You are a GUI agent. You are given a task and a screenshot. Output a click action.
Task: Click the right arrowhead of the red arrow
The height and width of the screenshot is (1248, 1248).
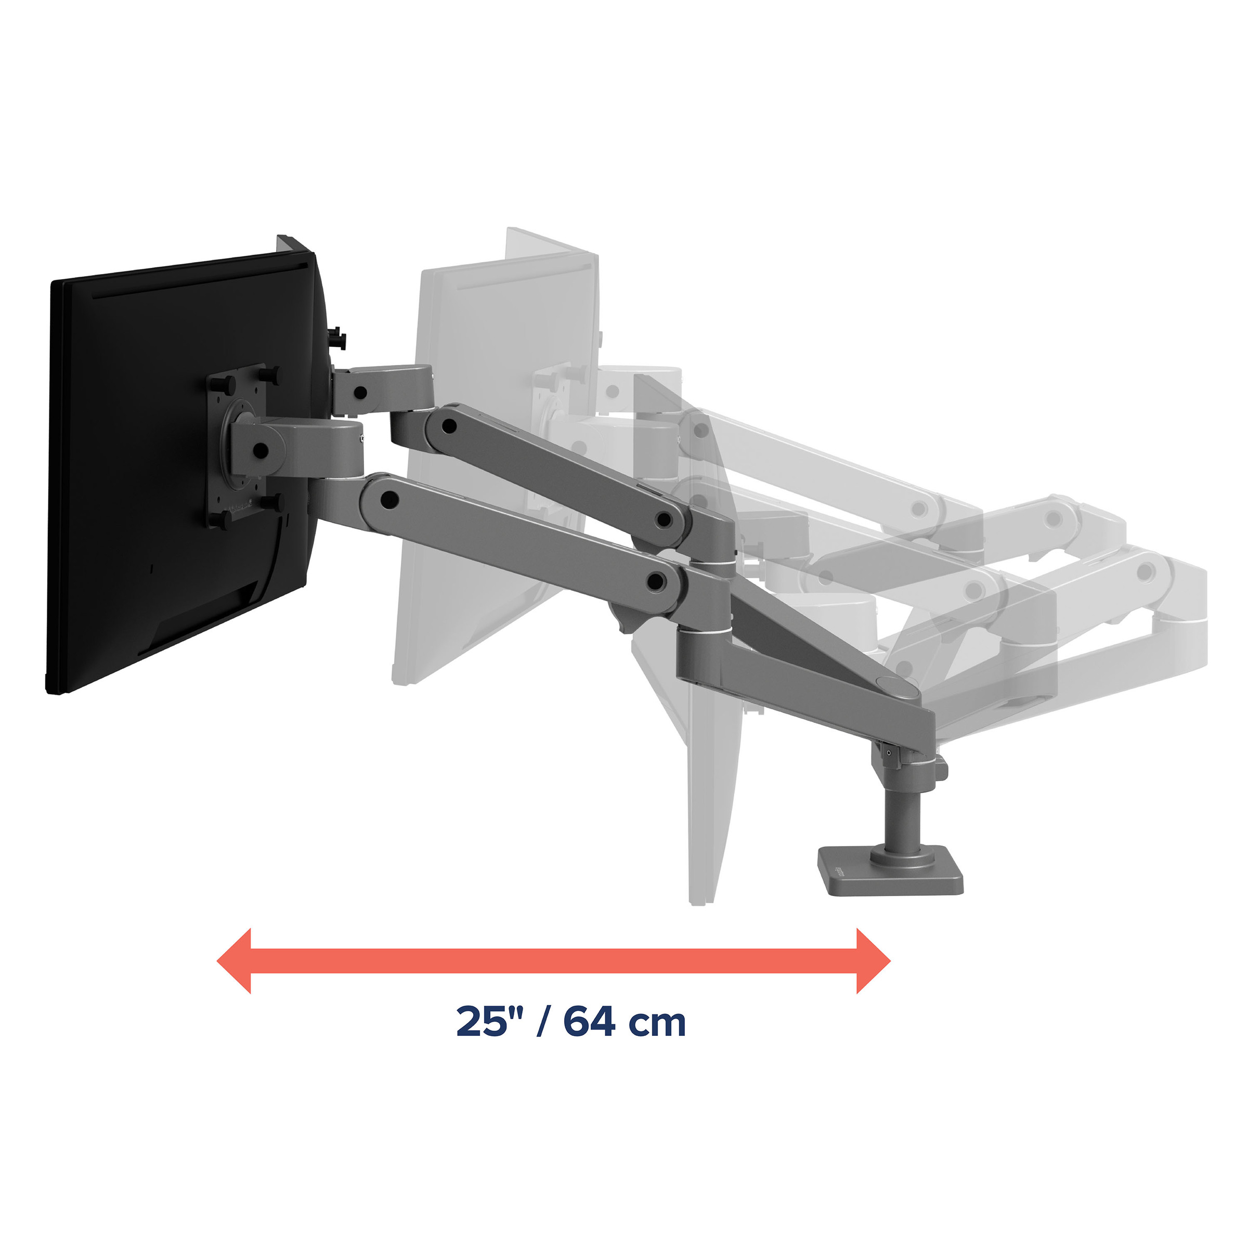click(x=874, y=961)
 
